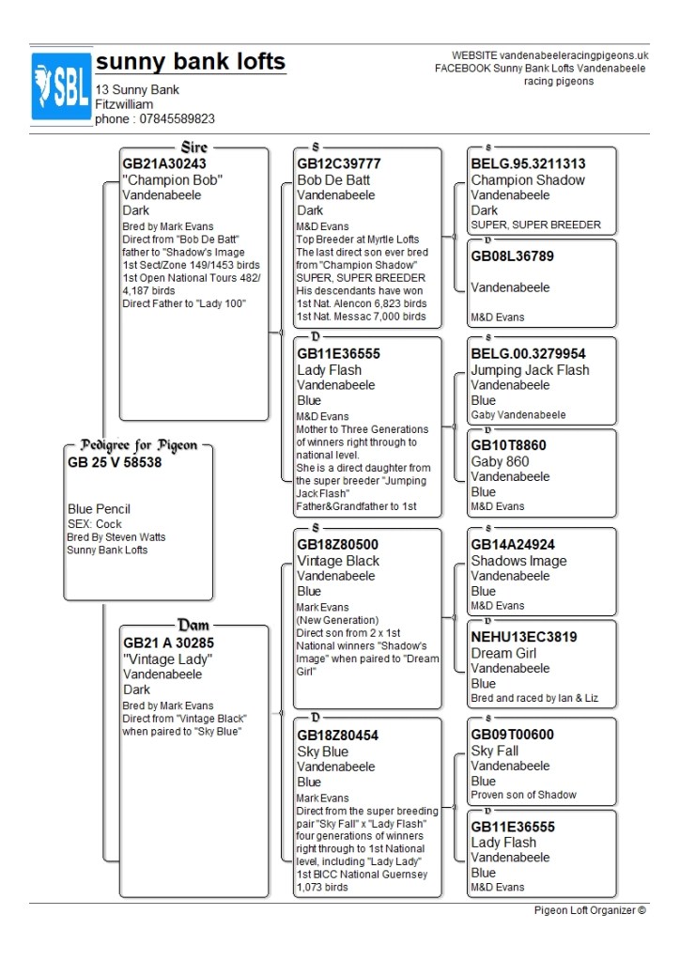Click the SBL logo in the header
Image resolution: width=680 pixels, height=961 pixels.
[61, 86]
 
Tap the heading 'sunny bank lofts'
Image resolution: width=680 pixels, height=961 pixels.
[191, 63]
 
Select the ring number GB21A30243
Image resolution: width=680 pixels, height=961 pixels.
[164, 163]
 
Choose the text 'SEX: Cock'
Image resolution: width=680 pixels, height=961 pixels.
[95, 523]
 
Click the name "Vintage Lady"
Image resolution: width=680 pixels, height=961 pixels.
[168, 659]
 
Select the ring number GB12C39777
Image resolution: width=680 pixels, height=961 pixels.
[339, 163]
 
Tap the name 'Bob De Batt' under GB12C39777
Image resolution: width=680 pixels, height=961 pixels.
[333, 180]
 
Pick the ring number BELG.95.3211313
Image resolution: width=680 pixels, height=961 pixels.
[528, 163]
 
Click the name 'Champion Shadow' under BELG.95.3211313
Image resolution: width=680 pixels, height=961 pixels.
[528, 180]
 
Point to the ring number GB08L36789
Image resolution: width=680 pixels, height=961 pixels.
[513, 256]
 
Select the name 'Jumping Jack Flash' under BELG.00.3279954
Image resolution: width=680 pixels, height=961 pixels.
[530, 370]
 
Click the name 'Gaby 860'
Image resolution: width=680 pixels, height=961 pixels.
[500, 461]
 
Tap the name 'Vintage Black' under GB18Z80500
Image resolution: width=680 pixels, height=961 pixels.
[338, 561]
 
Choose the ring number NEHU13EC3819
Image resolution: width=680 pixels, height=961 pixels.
[523, 637]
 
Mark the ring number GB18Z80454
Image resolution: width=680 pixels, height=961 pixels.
[338, 736]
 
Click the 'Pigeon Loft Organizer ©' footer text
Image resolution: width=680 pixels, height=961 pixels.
[590, 909]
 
